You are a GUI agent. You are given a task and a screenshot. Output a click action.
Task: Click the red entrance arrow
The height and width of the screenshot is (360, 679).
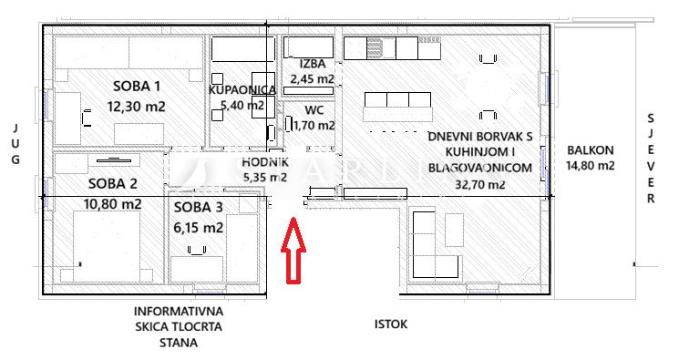[x=293, y=251]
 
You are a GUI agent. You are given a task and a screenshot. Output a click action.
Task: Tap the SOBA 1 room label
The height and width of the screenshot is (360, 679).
[x=137, y=87]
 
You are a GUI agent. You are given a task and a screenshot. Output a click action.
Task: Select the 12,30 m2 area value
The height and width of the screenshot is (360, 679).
[x=137, y=106]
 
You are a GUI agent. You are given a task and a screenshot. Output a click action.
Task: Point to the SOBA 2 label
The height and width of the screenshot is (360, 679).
[x=113, y=184]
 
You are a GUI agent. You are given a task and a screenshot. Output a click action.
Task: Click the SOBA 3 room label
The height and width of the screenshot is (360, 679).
[x=199, y=207]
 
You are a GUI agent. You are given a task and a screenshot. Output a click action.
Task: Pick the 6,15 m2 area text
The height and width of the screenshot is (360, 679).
[x=199, y=227]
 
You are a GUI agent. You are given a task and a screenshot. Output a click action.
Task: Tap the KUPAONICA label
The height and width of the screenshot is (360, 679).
[x=242, y=89]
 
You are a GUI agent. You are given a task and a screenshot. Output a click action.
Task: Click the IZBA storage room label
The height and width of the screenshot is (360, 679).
[x=313, y=64]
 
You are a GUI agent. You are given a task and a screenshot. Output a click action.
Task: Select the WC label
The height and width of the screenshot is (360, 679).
[x=314, y=110]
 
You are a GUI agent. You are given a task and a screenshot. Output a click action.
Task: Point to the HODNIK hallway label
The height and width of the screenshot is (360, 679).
[x=265, y=162]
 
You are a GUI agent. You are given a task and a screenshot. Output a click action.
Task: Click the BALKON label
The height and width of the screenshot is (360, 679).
[x=591, y=150]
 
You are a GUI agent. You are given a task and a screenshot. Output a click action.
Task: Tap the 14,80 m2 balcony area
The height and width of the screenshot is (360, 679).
[x=591, y=166]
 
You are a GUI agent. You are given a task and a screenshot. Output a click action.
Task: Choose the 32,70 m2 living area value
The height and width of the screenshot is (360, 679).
[x=480, y=184]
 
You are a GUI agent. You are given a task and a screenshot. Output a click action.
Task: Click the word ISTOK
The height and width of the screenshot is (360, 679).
[x=391, y=324]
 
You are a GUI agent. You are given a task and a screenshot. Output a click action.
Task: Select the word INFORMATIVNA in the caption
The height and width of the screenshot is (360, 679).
[x=179, y=311]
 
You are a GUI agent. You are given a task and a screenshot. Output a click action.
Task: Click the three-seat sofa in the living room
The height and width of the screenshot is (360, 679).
[x=398, y=107]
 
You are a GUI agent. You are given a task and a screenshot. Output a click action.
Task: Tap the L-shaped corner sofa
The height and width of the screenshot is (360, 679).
[x=436, y=245]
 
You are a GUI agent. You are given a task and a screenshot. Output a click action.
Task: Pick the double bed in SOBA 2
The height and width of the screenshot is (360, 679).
[x=107, y=246]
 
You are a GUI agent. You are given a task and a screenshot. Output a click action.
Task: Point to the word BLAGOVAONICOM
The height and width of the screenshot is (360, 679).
[x=480, y=168]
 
